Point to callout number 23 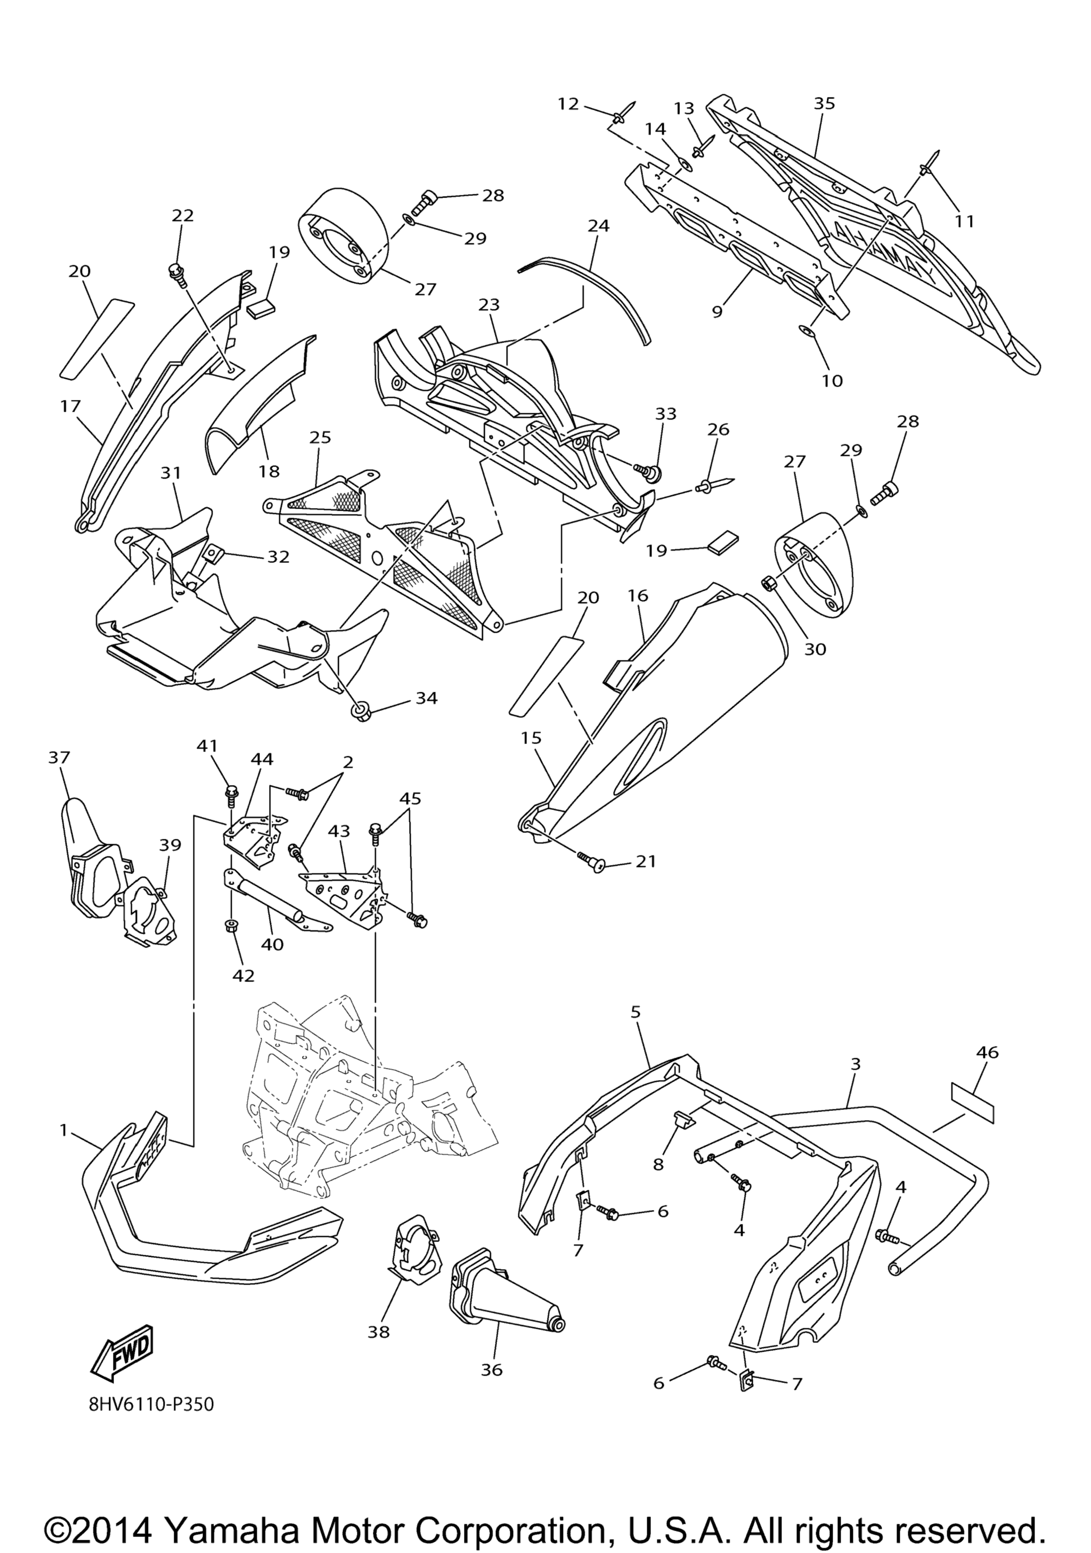[x=488, y=305]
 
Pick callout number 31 [x=171, y=473]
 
